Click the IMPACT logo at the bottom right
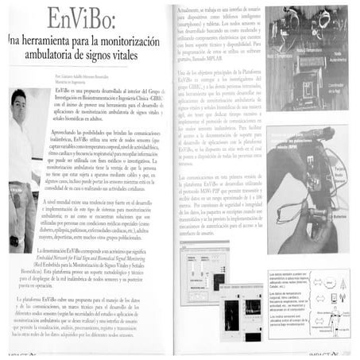pyautogui.click(x=334, y=355)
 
